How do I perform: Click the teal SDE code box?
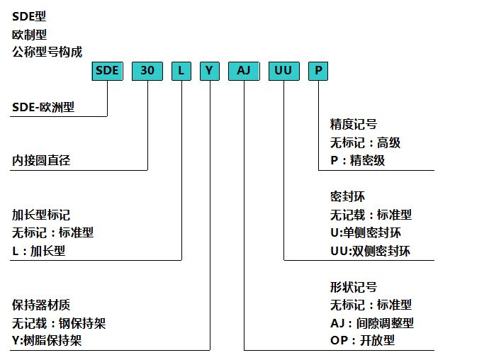click(x=107, y=71)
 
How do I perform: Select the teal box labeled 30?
click(x=147, y=71)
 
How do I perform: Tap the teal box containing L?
click(x=181, y=71)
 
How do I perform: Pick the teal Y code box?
click(x=209, y=71)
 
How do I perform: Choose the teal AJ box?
click(x=244, y=71)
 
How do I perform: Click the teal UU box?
click(x=283, y=71)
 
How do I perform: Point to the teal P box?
click(x=318, y=71)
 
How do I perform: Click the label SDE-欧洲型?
click(x=43, y=108)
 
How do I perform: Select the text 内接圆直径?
click(x=42, y=160)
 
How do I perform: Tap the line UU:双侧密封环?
click(x=370, y=251)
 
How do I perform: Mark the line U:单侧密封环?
click(x=366, y=232)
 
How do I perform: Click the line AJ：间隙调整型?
click(x=372, y=323)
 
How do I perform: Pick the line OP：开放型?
click(x=362, y=342)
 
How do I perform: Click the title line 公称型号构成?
click(x=47, y=51)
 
